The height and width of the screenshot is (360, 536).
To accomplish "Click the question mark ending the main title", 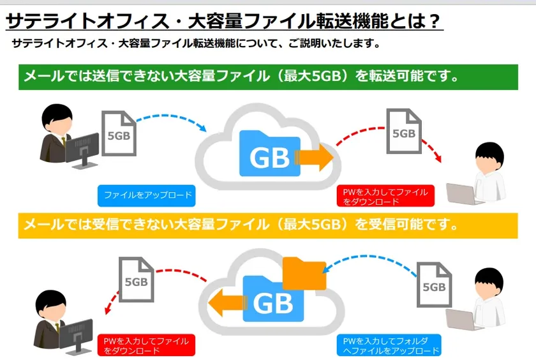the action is pos(434,21).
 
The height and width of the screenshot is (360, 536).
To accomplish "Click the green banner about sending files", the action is pos(269,77).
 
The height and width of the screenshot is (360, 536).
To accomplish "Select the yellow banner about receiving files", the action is pos(268,226).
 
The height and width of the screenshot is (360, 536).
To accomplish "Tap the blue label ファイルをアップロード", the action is pos(147,196).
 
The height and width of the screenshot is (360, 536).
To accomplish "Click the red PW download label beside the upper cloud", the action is pos(385,196).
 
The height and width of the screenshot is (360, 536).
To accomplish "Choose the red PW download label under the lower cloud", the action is pos(146,345).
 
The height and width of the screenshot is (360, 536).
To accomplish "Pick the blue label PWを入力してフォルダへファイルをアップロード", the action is pos(389,345).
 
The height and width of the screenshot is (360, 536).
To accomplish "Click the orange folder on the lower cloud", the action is pos(304,274).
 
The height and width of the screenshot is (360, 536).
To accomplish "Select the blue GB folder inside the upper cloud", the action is pos(270,154).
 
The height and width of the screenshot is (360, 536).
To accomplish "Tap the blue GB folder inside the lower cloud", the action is pos(273,299).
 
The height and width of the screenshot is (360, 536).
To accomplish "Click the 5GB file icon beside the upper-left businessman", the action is pos(119,133).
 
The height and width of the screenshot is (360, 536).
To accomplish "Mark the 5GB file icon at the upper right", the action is pos(404,131).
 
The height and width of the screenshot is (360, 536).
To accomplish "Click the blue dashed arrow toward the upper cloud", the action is pos(171,119).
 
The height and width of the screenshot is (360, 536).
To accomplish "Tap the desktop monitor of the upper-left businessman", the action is pos(82,151).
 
